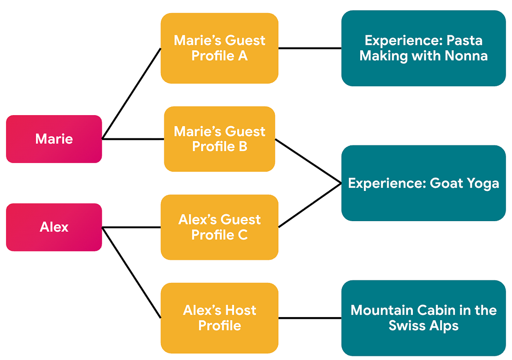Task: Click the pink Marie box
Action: [54, 139]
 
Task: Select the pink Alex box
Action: [54, 227]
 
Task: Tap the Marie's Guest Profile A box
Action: [219, 48]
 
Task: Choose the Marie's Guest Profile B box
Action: [219, 139]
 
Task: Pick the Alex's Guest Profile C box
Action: [219, 227]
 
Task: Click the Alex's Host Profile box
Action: [219, 318]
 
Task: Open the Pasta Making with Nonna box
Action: [423, 48]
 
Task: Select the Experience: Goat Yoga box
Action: [423, 183]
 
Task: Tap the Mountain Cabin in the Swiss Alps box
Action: [423, 318]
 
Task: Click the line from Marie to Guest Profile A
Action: [132, 93]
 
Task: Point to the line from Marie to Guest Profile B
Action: [133, 139]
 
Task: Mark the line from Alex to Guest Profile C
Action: [131, 227]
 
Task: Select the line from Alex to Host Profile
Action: [132, 273]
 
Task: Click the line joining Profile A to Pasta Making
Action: [310, 48]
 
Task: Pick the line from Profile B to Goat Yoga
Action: [309, 161]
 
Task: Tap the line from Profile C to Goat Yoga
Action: [310, 205]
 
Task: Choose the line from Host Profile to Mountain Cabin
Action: [310, 318]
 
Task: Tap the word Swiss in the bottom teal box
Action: [408, 326]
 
